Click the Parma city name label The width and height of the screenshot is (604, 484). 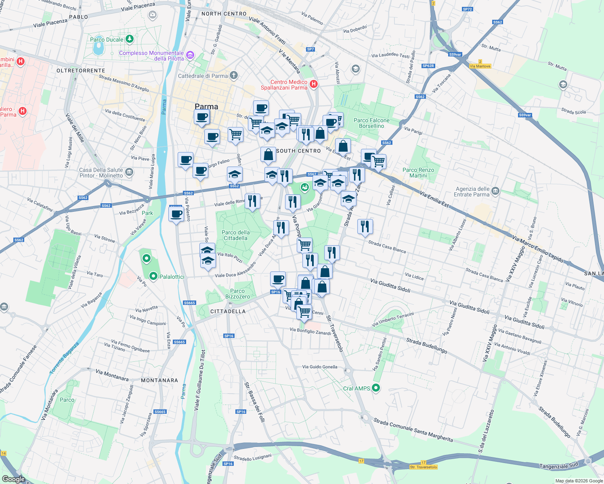[206, 106]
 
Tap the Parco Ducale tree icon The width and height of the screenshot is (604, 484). [129, 39]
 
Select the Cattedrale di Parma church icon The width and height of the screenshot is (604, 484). [234, 75]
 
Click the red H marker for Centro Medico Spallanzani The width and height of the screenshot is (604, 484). [314, 84]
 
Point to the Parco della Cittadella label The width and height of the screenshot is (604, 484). [235, 235]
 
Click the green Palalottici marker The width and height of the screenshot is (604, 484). [153, 276]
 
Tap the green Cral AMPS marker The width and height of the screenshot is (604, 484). [376, 388]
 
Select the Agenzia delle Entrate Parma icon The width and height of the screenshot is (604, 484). [496, 191]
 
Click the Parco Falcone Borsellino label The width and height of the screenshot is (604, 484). [371, 123]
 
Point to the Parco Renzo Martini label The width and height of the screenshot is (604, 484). [418, 173]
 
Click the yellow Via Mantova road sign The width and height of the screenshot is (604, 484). [480, 66]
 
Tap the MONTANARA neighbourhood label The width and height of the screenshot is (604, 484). [159, 380]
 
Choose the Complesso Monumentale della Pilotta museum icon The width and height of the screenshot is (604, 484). [190, 54]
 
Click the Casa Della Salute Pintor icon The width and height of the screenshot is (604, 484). [129, 172]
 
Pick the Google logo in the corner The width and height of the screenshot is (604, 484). [13, 479]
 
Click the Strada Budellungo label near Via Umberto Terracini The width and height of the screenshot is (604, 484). [427, 346]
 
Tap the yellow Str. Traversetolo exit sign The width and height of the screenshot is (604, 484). [423, 467]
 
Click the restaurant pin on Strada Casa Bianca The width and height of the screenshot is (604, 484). [365, 227]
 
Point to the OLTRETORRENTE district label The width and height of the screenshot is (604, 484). [81, 71]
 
